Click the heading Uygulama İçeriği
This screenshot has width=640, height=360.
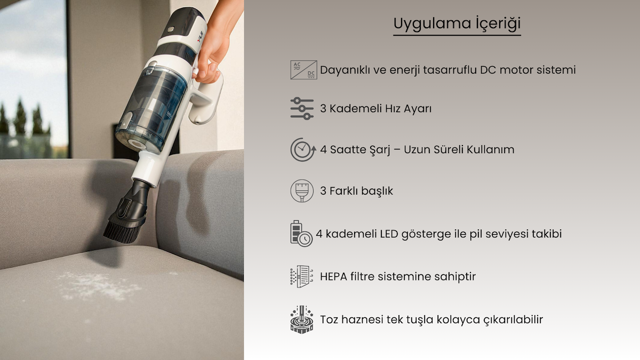click(457, 23)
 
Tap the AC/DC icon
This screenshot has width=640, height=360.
click(303, 70)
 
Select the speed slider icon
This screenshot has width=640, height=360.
click(302, 109)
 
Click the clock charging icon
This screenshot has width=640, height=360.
click(303, 149)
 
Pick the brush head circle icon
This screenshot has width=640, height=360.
click(302, 191)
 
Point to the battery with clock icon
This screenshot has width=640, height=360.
click(301, 234)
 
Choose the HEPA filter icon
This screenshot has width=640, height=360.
click(302, 276)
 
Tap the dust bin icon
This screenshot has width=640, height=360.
click(302, 319)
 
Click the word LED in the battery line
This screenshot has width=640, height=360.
click(389, 234)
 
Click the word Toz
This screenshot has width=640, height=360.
click(329, 319)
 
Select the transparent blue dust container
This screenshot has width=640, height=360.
click(151, 109)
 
